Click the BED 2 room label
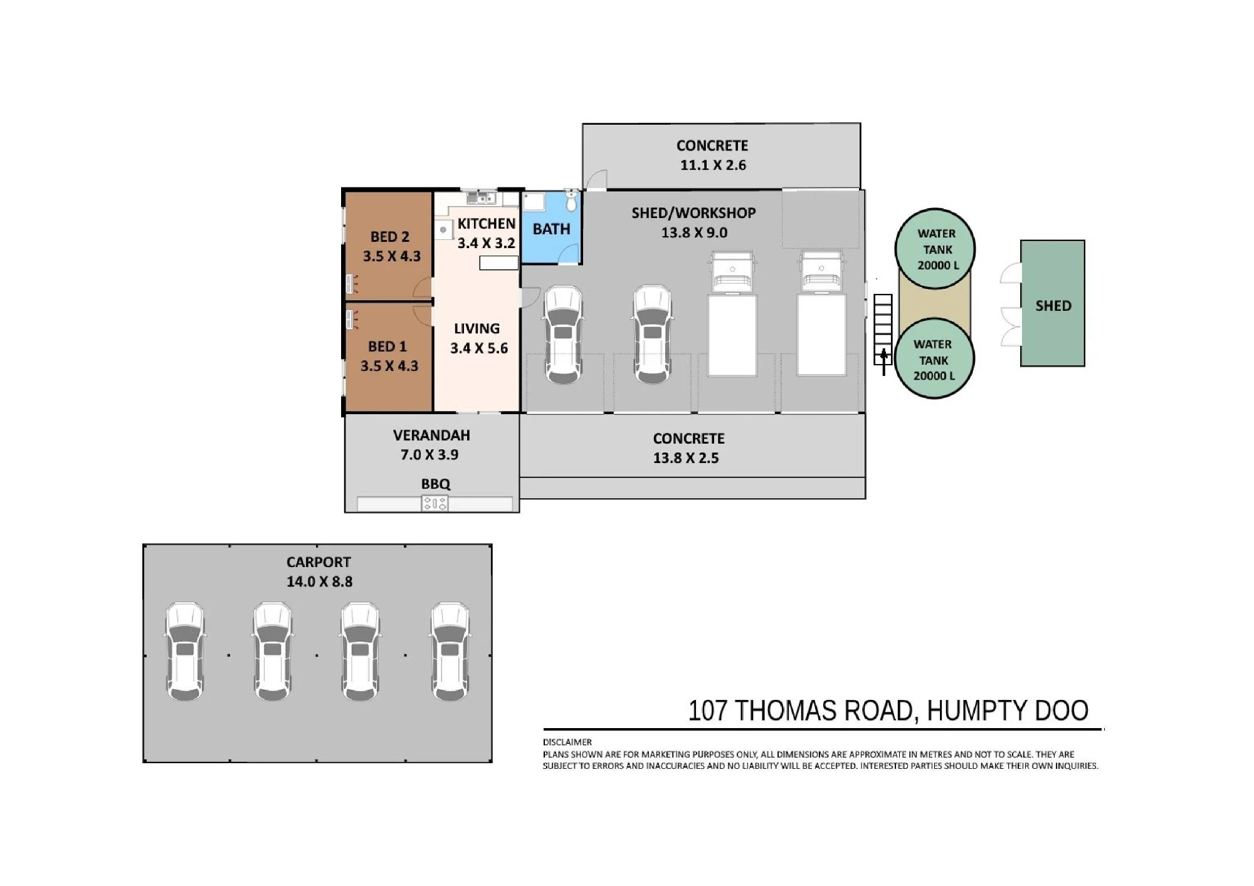pyautogui.click(x=389, y=237)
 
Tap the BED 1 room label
pyautogui.click(x=387, y=347)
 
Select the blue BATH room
pyautogui.click(x=552, y=227)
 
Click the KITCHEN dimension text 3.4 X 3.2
pyautogui.click(x=486, y=243)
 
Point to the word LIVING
pyautogui.click(x=477, y=328)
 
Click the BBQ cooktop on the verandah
pyautogui.click(x=435, y=503)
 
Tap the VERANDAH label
pyautogui.click(x=431, y=435)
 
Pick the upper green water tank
pyautogui.click(x=935, y=248)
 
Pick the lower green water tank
pyautogui.click(x=934, y=359)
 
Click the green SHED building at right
pyautogui.click(x=1053, y=303)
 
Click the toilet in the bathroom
pyautogui.click(x=571, y=201)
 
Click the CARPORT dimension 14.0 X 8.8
pyautogui.click(x=319, y=581)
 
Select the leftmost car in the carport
pyautogui.click(x=185, y=652)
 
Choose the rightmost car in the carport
pyautogui.click(x=450, y=652)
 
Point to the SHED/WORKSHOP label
pyautogui.click(x=693, y=213)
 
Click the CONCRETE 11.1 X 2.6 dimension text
pyautogui.click(x=713, y=165)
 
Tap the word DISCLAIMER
pyautogui.click(x=567, y=742)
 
